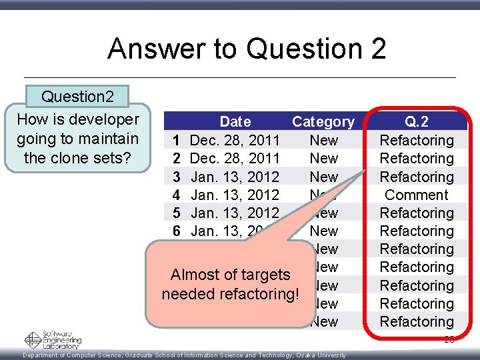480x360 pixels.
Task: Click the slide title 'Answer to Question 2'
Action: click(x=247, y=49)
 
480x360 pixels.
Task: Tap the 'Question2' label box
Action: click(x=77, y=97)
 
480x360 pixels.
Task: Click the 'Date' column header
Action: click(x=235, y=121)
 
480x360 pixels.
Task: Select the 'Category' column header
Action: click(x=323, y=121)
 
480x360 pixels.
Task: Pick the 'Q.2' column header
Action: click(x=417, y=121)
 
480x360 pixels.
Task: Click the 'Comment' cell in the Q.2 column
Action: click(x=417, y=195)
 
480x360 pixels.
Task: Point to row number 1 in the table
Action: click(x=176, y=140)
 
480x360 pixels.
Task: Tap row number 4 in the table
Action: click(x=176, y=195)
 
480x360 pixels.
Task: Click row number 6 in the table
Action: click(x=176, y=231)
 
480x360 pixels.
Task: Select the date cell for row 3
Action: click(x=235, y=177)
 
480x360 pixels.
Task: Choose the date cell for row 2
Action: click(x=235, y=158)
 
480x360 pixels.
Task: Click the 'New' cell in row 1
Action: click(x=324, y=140)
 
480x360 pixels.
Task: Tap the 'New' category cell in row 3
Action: click(x=324, y=177)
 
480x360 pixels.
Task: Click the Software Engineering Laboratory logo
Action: click(x=53, y=340)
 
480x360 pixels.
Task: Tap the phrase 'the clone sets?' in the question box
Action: click(x=77, y=158)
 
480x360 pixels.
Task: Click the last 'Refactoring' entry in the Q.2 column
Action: click(x=417, y=321)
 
